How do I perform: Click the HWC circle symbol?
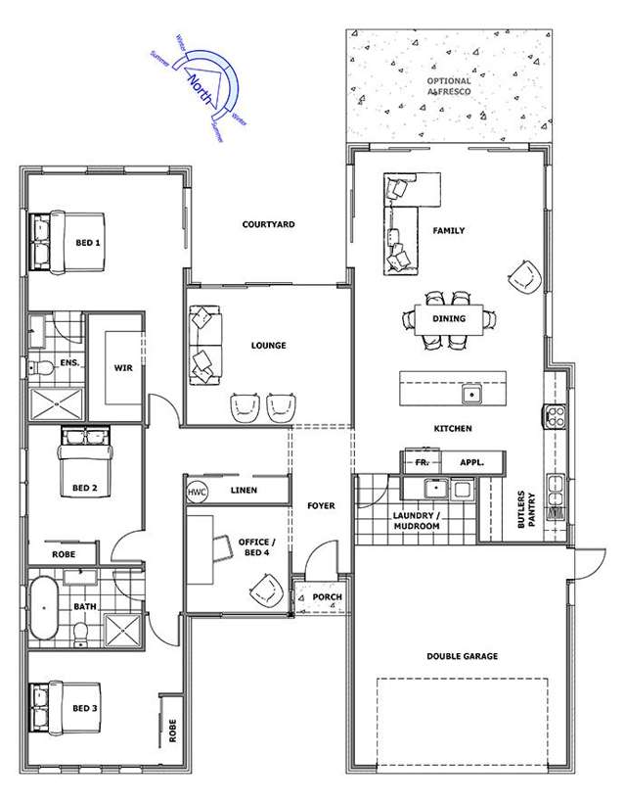coord(198,491)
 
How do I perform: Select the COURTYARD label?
coord(268,224)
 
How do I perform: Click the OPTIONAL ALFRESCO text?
coord(448,86)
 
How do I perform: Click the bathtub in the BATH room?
coord(44,608)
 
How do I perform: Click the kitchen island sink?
coord(471,396)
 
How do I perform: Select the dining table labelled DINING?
coord(450,318)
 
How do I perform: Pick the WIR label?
coord(123,368)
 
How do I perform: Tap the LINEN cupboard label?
coord(244,490)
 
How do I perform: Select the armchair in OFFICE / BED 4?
coord(265,587)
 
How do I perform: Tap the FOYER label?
coord(320,505)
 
